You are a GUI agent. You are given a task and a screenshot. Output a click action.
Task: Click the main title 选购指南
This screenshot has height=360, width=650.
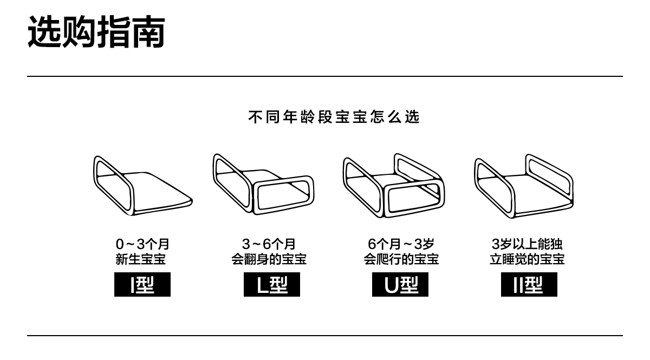96,32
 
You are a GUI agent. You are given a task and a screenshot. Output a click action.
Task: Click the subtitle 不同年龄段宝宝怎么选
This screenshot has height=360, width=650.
334,117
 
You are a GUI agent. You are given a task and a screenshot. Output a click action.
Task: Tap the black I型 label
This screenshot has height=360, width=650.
142,285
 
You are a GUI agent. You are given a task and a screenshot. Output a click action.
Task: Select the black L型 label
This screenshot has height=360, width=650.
272,285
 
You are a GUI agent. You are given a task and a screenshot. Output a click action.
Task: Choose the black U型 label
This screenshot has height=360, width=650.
400,285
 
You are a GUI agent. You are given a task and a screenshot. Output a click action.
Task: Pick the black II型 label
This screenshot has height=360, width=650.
529,285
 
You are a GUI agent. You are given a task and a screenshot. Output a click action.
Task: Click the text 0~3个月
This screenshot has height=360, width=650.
142,244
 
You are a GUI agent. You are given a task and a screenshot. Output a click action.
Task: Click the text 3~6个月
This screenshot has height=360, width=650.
269,244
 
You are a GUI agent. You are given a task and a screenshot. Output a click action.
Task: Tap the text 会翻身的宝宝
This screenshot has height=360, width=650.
269,259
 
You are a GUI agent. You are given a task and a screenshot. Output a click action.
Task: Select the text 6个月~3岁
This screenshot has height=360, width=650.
401,244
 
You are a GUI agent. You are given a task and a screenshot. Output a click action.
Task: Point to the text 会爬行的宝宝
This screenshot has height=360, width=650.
401,259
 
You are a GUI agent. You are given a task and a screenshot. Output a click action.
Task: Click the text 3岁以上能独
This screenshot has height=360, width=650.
527,244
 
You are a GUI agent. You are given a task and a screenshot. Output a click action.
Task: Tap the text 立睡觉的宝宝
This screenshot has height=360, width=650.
527,259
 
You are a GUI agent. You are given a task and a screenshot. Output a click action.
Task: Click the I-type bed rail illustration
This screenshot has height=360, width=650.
142,187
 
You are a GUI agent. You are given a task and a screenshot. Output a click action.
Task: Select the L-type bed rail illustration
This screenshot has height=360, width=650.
263,184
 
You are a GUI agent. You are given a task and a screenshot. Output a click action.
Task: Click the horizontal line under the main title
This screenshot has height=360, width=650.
325,76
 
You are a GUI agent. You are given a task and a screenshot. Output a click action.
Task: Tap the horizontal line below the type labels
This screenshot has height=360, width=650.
325,336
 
